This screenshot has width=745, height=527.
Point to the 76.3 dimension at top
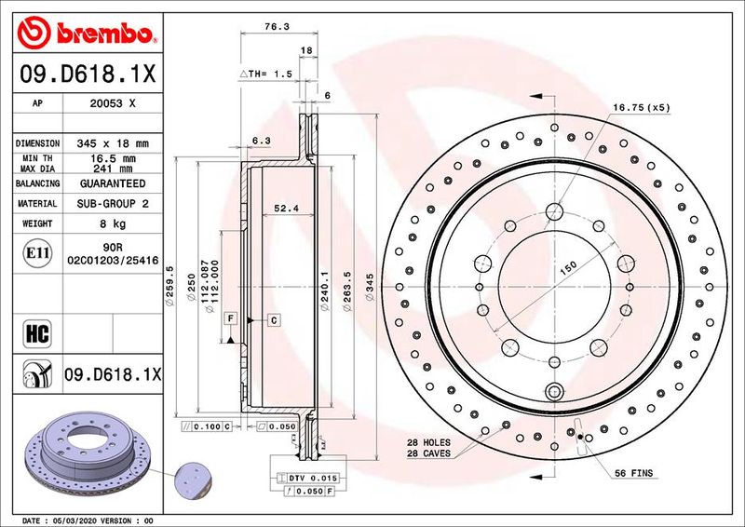click(273, 27)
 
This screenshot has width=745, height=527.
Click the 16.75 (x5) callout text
click(641, 107)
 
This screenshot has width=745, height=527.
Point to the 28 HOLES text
click(429, 442)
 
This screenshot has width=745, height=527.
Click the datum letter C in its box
click(275, 319)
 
